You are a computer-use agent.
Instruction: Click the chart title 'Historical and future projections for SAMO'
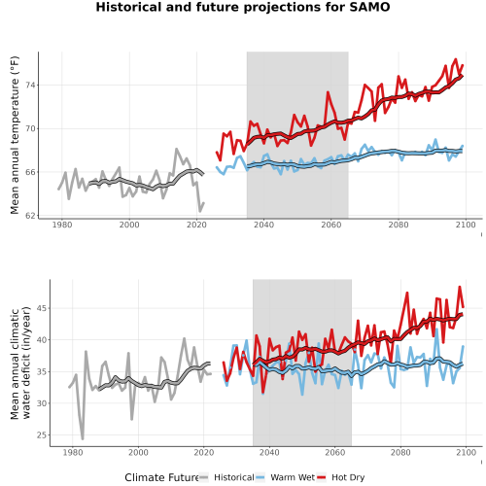pos(243,7)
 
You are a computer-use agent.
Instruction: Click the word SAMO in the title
pos(369,7)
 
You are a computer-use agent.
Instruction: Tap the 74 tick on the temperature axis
pos(30,86)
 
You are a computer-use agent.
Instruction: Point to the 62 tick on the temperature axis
pos(30,216)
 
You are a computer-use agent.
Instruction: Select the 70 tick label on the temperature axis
pos(30,128)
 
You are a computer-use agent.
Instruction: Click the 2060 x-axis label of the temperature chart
pos(331,225)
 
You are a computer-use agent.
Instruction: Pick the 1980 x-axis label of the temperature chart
pos(62,225)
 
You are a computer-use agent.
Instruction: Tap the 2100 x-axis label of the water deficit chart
pos(466,452)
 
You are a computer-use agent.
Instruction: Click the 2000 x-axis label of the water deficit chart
pos(138,452)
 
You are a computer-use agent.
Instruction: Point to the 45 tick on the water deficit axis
pos(41,308)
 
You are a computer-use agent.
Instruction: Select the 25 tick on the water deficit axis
pos(41,434)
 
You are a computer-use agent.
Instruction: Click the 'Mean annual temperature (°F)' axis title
pos(15,135)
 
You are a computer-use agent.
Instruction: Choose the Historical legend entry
pos(226,477)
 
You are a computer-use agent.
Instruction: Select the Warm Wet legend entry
pos(285,477)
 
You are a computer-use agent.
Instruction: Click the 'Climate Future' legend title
pos(161,477)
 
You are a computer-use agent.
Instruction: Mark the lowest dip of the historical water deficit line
pos(83,439)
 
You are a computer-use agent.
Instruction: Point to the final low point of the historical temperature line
pos(200,211)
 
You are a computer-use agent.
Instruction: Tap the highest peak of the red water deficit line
pos(460,287)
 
